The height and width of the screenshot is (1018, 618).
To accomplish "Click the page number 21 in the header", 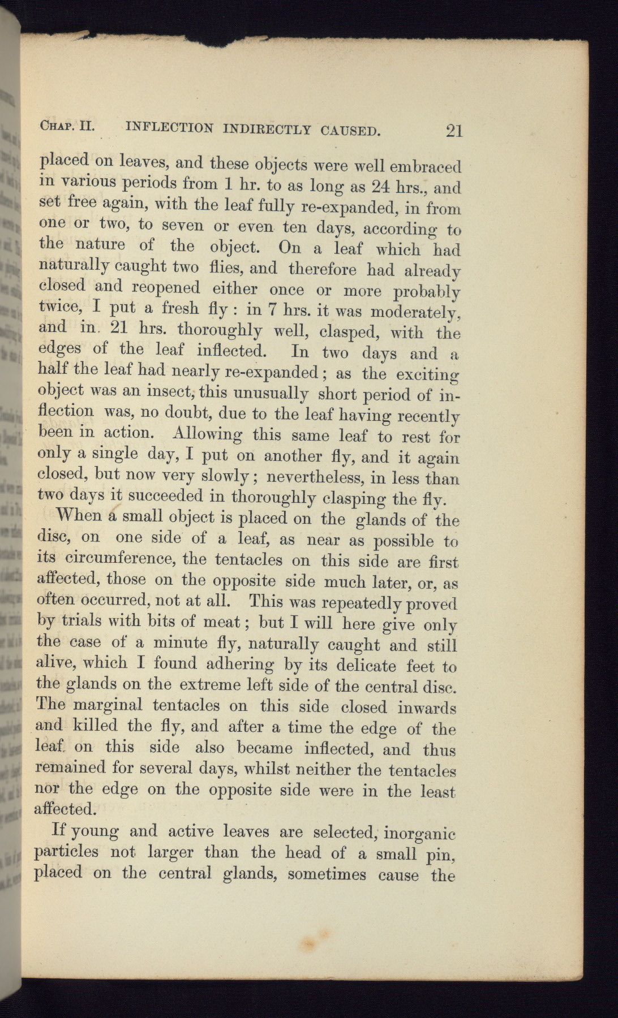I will [x=454, y=131].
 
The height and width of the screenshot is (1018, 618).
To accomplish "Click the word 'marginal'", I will [x=109, y=705].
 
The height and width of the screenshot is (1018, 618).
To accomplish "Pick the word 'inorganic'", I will [x=419, y=833].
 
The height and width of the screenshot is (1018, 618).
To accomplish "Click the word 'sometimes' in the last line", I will [x=326, y=874].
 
